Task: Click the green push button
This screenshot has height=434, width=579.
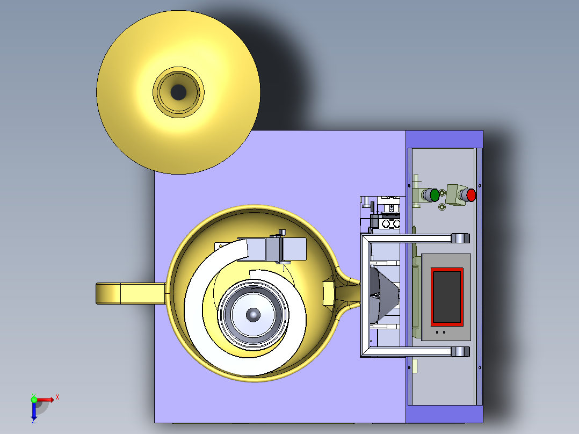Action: tap(435, 195)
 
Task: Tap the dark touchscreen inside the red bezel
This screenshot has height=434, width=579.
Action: tap(447, 297)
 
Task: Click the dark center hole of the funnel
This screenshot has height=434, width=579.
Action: tap(178, 92)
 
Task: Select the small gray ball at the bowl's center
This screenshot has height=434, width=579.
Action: tap(253, 315)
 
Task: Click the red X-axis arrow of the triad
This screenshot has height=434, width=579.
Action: tap(44, 400)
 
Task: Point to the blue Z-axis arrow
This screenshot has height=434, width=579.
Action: tap(34, 411)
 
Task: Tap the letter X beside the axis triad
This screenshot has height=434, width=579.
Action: tap(57, 397)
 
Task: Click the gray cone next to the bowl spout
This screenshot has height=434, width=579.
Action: tap(384, 295)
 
